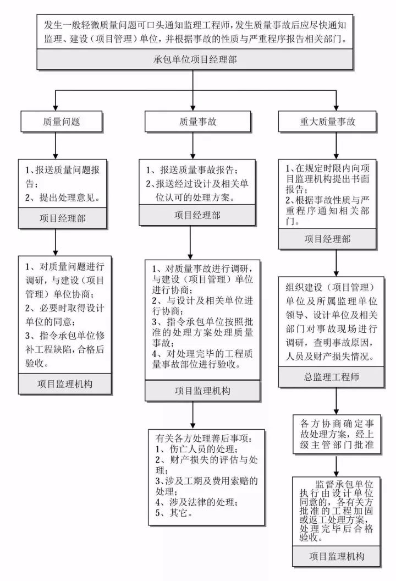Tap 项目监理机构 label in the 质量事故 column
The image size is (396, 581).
(195, 391)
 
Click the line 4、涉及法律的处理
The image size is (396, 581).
(196, 501)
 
